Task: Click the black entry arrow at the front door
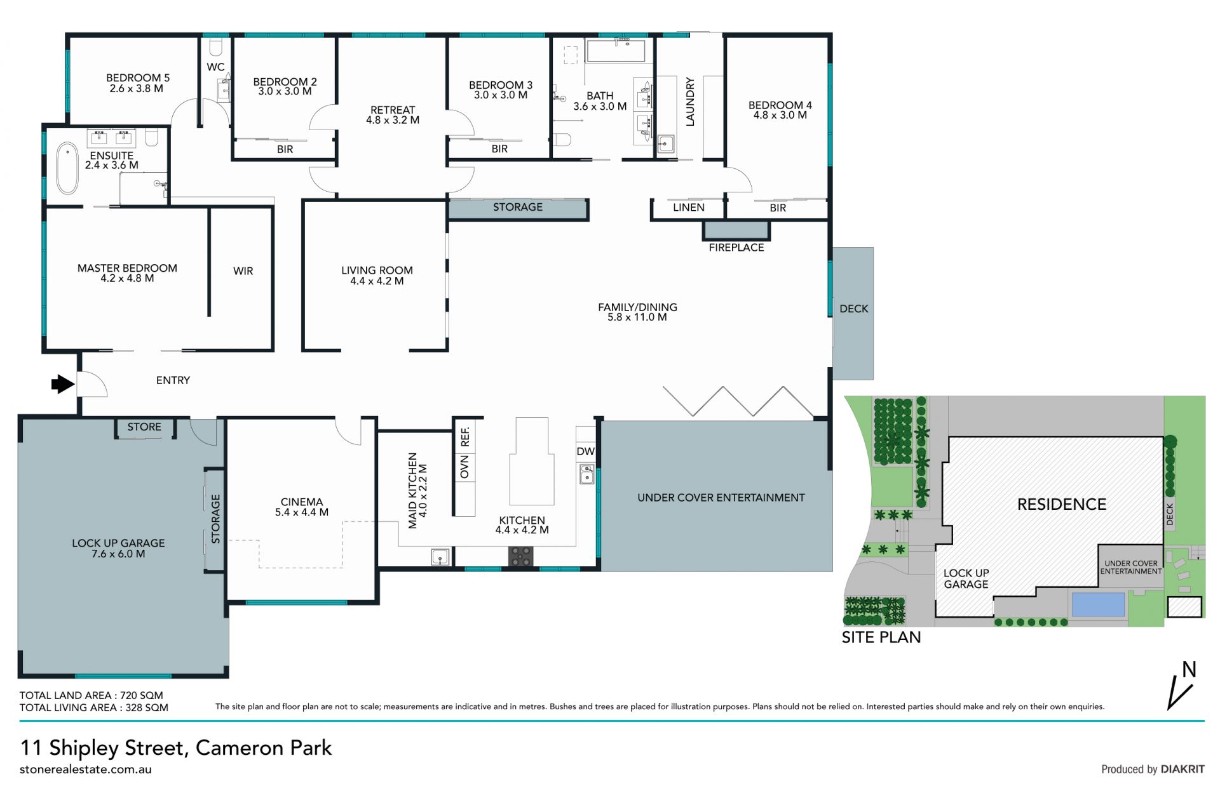coord(62,383)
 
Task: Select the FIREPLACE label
coord(736,248)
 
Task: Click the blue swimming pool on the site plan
coord(1098,604)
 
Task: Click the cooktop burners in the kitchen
coord(521,556)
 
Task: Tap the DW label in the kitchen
coord(585,451)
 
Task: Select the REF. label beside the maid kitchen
coord(465,436)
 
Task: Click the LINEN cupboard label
coord(689,208)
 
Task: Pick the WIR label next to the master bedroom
coord(243,271)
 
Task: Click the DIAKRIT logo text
coord(1183,769)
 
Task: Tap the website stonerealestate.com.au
coord(86,769)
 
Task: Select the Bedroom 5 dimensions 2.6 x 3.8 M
coord(137,89)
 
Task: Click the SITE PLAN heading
coord(881,637)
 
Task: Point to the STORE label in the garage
coord(144,427)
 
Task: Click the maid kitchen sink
coord(440,557)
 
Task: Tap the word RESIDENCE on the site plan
coord(1062,504)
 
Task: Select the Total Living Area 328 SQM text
coord(94,707)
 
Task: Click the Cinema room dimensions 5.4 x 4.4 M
coord(302,512)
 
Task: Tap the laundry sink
coord(665,143)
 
